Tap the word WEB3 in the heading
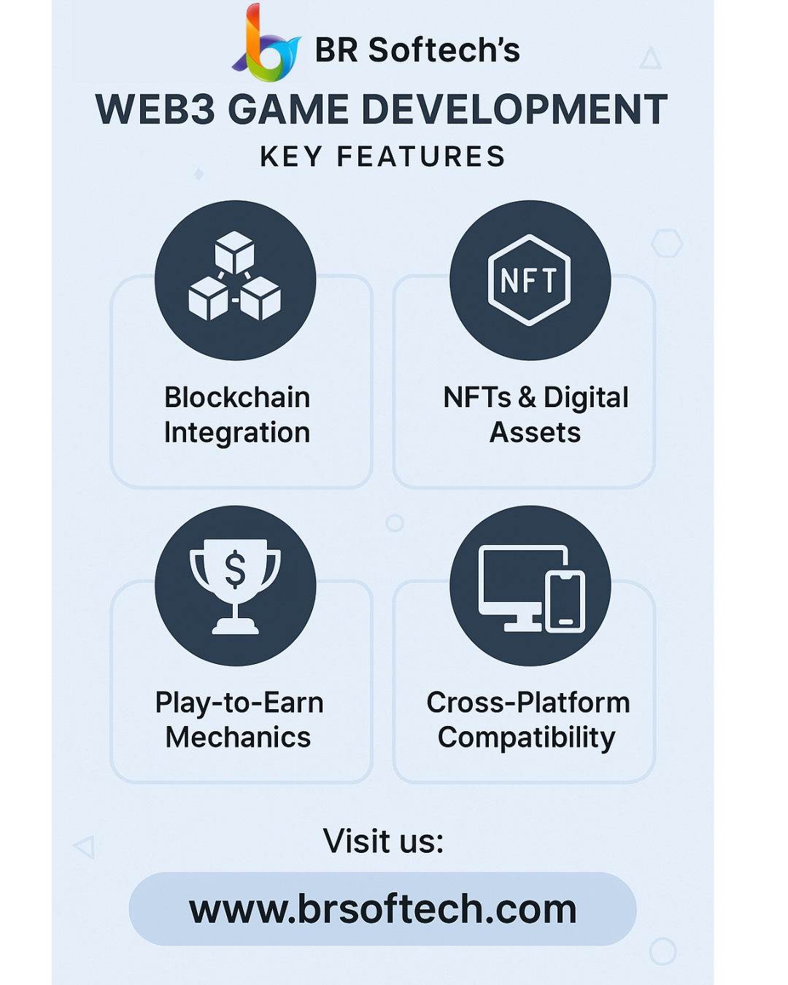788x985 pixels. [x=155, y=109]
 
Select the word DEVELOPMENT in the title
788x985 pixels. [x=514, y=109]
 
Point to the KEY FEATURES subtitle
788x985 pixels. [x=382, y=157]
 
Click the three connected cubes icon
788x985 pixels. [x=234, y=276]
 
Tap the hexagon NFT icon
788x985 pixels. [x=529, y=280]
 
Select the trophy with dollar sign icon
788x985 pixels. [x=235, y=587]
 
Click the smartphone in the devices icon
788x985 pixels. [x=565, y=601]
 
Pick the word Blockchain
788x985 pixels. [x=237, y=397]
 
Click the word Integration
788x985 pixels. [x=237, y=433]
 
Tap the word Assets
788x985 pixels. [x=535, y=433]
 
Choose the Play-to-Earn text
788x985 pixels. [x=239, y=702]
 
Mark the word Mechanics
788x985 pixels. [x=238, y=737]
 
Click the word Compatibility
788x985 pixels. [x=527, y=738]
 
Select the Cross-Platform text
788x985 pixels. [x=528, y=702]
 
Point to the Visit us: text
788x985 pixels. [x=383, y=841]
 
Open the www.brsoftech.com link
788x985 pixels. [x=383, y=909]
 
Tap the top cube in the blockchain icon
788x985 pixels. [x=234, y=252]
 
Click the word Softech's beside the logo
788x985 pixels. [x=444, y=50]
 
